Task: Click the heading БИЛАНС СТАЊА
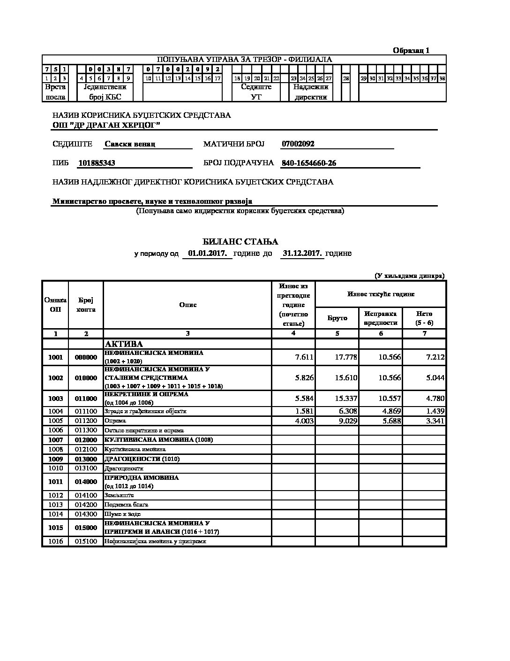click(240, 242)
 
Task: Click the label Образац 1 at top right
click(411, 51)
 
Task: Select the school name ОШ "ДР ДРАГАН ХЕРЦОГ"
click(106, 125)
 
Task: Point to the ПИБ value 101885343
click(97, 163)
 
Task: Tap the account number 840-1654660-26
click(308, 163)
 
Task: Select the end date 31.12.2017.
click(302, 254)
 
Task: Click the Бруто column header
click(337, 318)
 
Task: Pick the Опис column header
click(187, 305)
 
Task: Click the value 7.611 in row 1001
click(304, 357)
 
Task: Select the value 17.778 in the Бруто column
click(346, 357)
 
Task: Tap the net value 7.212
click(435, 357)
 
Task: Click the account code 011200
click(86, 421)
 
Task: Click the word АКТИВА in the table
click(124, 344)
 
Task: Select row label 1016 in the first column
click(55, 541)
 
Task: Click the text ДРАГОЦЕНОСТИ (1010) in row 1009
click(142, 459)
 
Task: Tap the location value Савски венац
click(130, 144)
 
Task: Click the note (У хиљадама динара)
click(409, 276)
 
